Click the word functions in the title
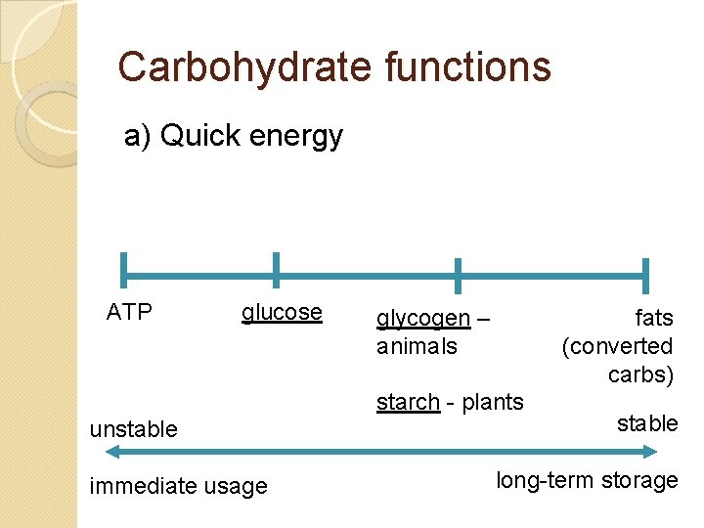[468, 67]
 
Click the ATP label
[129, 312]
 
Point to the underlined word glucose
[282, 312]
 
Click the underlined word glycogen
[423, 319]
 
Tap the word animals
[417, 346]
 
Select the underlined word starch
[408, 402]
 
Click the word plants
[493, 402]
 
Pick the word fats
[654, 318]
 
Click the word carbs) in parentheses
[640, 374]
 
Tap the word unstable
[133, 429]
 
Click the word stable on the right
[647, 423]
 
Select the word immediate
[136, 486]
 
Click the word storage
[642, 480]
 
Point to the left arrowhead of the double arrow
[110, 452]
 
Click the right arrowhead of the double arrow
[652, 452]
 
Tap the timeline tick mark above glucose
[276, 270]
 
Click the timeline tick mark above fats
[645, 276]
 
